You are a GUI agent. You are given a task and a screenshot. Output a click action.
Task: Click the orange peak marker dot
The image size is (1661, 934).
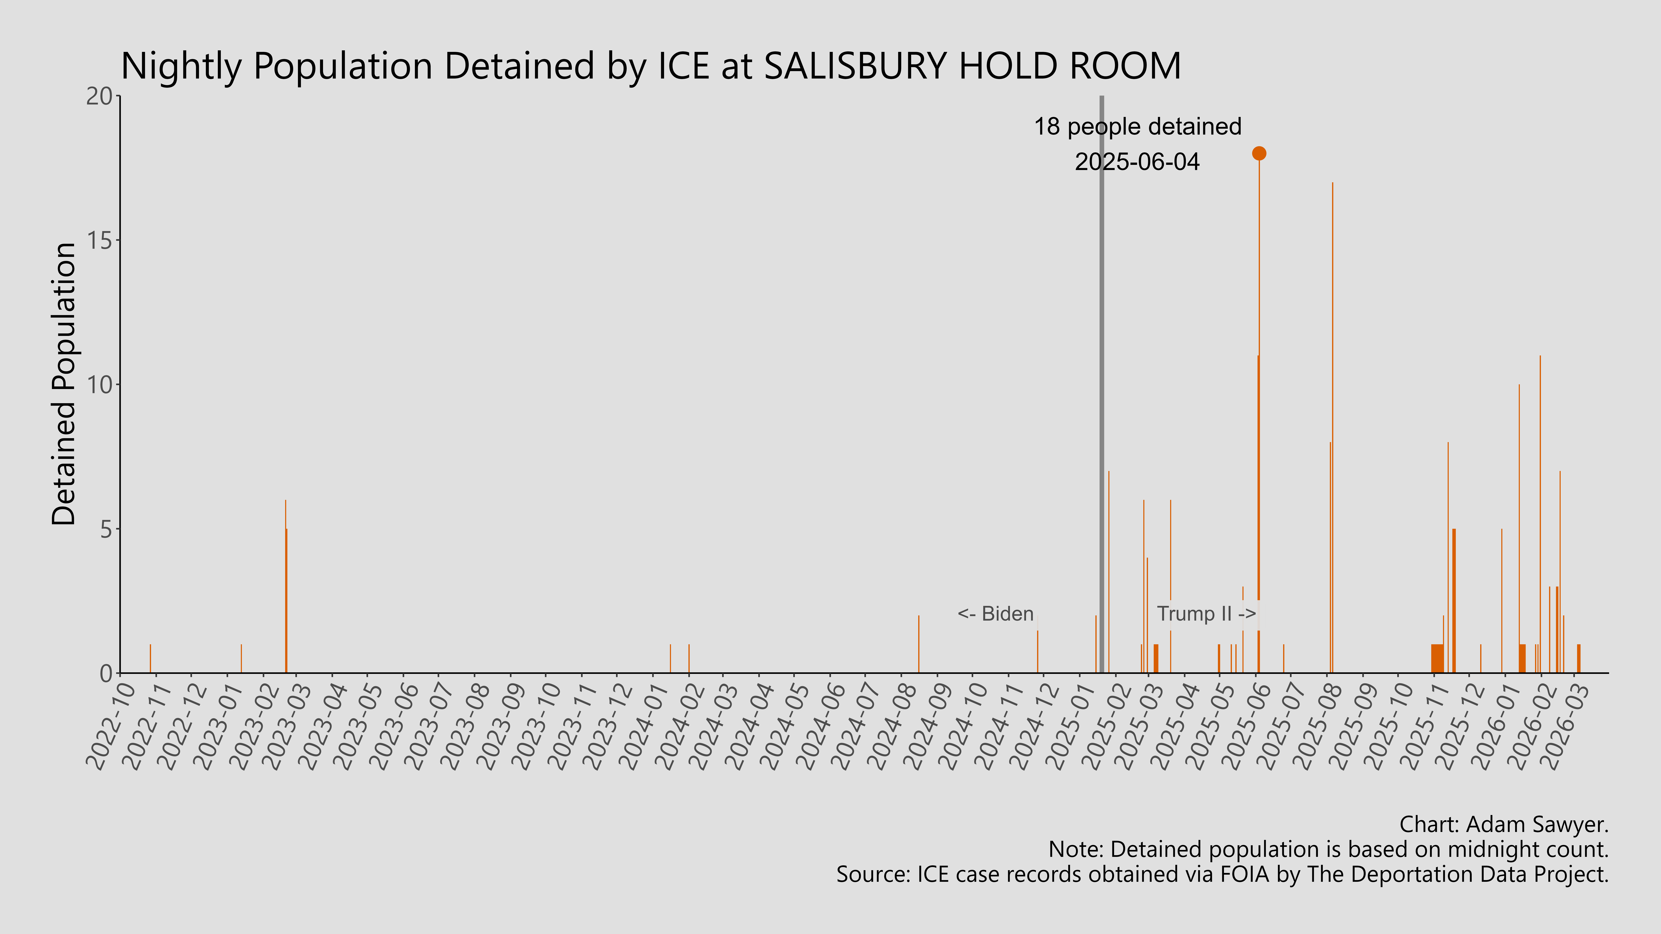pyautogui.click(x=1259, y=153)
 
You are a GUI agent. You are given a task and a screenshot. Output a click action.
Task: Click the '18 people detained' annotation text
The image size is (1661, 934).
pyautogui.click(x=1137, y=127)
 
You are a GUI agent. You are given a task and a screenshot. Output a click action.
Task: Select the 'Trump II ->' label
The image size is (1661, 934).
pyautogui.click(x=1206, y=614)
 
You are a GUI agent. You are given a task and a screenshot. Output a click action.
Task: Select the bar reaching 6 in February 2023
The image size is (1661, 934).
pyautogui.click(x=286, y=587)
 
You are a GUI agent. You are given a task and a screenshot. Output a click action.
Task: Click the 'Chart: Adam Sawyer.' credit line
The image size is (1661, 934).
pyautogui.click(x=1504, y=824)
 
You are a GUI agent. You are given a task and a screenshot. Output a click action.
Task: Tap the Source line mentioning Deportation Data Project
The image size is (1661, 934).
pyautogui.click(x=1222, y=875)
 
